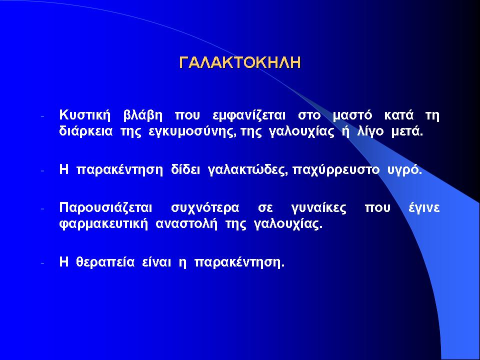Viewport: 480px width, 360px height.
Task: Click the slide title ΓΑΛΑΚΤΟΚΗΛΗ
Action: click(x=240, y=62)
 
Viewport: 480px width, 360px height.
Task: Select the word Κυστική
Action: click(x=84, y=115)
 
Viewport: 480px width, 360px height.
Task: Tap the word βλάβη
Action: click(x=142, y=115)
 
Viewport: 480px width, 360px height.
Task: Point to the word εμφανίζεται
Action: click(x=248, y=115)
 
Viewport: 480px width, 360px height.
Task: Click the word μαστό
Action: click(x=352, y=115)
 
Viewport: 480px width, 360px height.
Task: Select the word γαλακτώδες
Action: click(x=247, y=170)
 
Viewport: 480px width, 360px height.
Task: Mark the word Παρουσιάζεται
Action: click(x=105, y=208)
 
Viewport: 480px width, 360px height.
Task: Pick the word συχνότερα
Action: click(x=205, y=208)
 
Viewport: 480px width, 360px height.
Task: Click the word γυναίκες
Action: click(x=318, y=208)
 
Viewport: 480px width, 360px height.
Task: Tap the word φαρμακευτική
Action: click(x=103, y=224)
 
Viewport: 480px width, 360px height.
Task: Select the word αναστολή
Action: click(x=186, y=224)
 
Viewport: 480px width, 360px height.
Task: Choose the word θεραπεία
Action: click(x=105, y=262)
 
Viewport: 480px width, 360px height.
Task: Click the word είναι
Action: click(x=156, y=262)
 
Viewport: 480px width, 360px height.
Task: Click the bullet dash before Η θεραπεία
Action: click(x=42, y=262)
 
